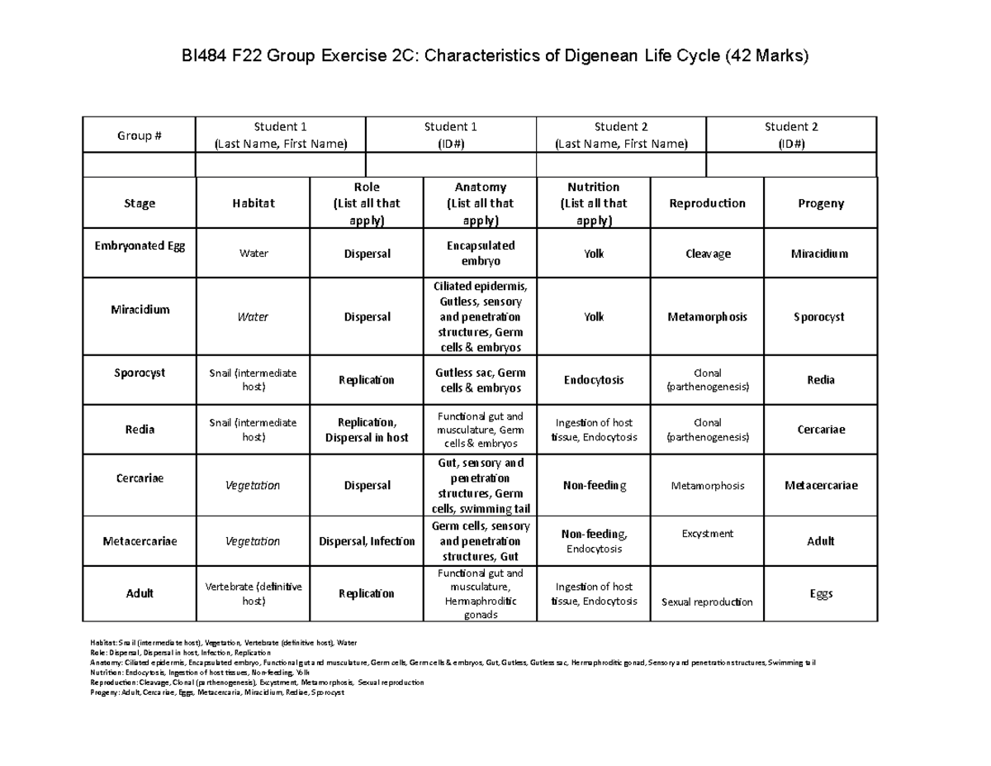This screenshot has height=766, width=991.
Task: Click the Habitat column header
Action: click(253, 203)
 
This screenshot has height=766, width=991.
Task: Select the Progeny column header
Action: click(821, 203)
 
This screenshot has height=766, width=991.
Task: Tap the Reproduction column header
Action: click(708, 203)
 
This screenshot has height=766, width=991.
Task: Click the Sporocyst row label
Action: click(139, 373)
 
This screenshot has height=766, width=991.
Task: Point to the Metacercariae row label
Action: click(139, 541)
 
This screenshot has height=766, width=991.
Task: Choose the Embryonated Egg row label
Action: click(139, 247)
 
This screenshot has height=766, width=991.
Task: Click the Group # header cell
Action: click(139, 136)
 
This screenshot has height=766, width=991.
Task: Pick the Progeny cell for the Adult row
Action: click(821, 593)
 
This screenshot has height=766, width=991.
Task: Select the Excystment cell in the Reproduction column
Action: click(708, 534)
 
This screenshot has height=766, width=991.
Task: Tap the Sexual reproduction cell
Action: click(708, 602)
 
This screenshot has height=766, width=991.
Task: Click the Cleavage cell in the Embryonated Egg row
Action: click(708, 254)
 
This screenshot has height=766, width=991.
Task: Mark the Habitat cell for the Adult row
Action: click(253, 593)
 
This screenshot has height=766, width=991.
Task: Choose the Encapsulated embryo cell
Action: click(480, 253)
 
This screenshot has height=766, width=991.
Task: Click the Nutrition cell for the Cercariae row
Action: click(593, 485)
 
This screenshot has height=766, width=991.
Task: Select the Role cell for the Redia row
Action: click(366, 430)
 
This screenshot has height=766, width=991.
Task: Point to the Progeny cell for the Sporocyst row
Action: click(821, 380)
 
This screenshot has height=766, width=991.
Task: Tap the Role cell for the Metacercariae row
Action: click(366, 541)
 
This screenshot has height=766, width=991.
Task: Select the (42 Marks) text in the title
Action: click(768, 57)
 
